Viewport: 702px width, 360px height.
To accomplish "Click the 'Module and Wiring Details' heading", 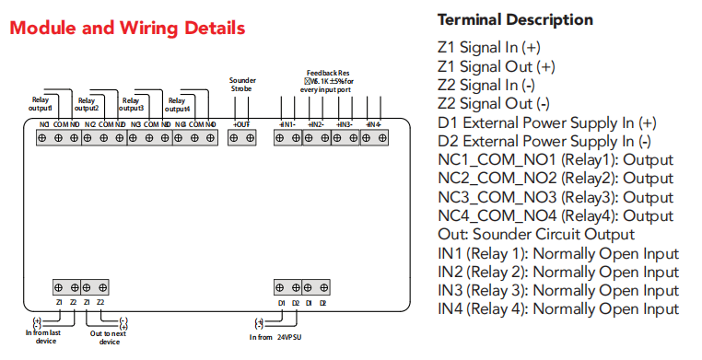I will point(127,29).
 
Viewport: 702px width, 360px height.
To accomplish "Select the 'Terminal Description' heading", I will point(515,19).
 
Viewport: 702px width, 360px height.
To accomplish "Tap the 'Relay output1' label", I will point(41,104).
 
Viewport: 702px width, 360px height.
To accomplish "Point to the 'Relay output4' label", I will point(178,104).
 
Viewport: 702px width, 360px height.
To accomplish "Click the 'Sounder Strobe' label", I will point(242,86).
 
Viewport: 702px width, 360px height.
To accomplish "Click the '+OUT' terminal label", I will point(240,123).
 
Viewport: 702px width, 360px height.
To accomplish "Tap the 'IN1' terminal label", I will point(287,123).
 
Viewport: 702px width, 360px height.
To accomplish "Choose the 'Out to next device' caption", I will point(109,338).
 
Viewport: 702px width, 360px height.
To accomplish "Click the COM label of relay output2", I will point(105,123).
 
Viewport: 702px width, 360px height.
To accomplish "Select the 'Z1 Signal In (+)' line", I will point(488,46).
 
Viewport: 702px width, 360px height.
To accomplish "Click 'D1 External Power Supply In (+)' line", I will point(546,122).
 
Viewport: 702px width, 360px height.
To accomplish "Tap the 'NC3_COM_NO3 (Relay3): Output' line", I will point(556,197).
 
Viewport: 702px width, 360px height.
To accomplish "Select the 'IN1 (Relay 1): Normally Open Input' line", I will point(558,253).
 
